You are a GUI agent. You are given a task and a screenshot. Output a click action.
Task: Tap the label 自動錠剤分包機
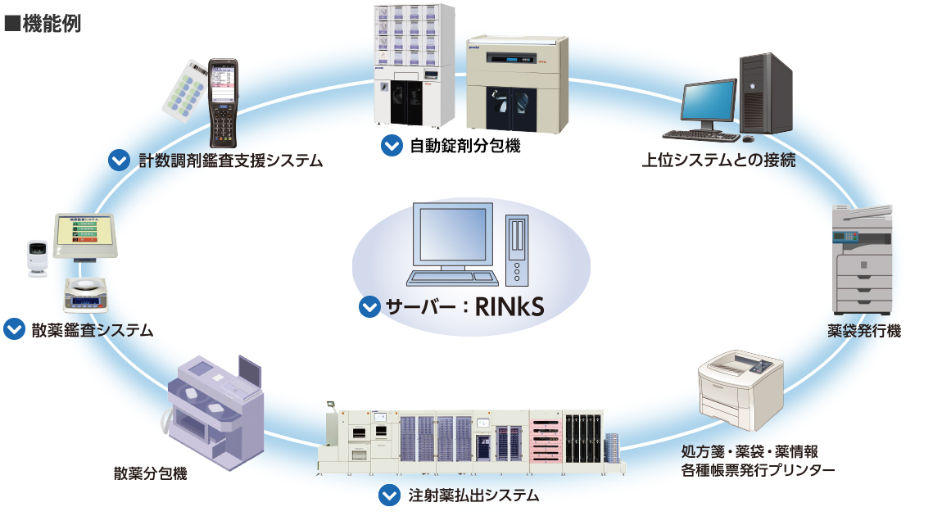(465, 147)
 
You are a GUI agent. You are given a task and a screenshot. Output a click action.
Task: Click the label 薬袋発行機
(863, 332)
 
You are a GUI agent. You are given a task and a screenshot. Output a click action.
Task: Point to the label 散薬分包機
(150, 473)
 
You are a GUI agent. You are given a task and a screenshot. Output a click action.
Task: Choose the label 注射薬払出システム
(473, 496)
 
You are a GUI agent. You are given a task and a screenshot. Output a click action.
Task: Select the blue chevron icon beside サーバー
(369, 308)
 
